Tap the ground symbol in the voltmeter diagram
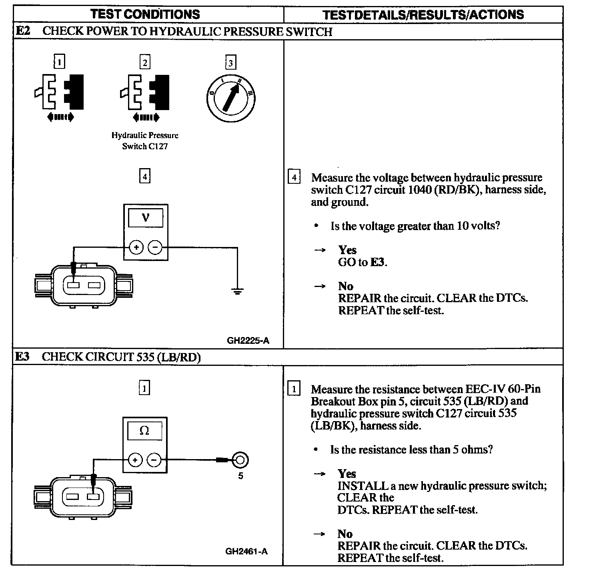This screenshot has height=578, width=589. (x=237, y=291)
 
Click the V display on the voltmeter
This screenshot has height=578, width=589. (x=145, y=218)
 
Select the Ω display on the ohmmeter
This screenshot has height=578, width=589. (x=144, y=431)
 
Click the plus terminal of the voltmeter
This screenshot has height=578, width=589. (x=136, y=247)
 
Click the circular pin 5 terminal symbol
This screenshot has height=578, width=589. (x=240, y=460)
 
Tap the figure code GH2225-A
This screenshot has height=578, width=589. (x=248, y=341)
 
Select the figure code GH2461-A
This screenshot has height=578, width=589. (x=246, y=551)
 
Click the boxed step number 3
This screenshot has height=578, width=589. (x=230, y=63)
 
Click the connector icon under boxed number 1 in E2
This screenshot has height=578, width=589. (x=59, y=93)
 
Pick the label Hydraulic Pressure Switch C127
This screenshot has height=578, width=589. (x=145, y=141)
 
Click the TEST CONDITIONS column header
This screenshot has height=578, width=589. (x=145, y=14)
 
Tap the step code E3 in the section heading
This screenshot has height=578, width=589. (x=22, y=357)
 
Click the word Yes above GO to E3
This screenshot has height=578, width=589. (x=347, y=250)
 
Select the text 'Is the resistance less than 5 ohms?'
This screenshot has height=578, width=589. (x=411, y=450)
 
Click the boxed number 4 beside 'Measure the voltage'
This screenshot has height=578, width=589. (x=294, y=177)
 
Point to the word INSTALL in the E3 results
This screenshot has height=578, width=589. (x=363, y=486)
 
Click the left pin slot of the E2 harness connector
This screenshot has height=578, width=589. (x=74, y=285)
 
